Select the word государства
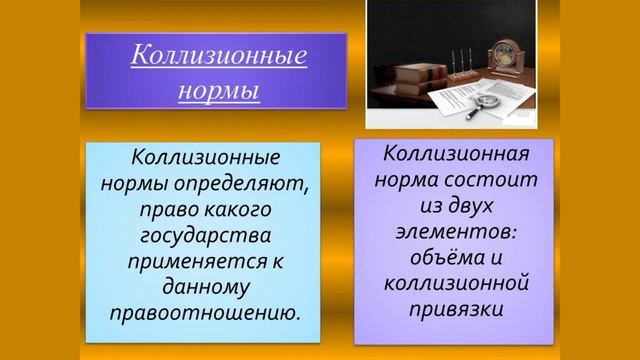tap(202, 236)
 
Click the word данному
tap(202, 288)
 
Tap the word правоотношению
tap(202, 313)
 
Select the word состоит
tap(498, 181)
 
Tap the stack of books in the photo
tap(404, 80)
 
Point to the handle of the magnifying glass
tap(473, 112)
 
